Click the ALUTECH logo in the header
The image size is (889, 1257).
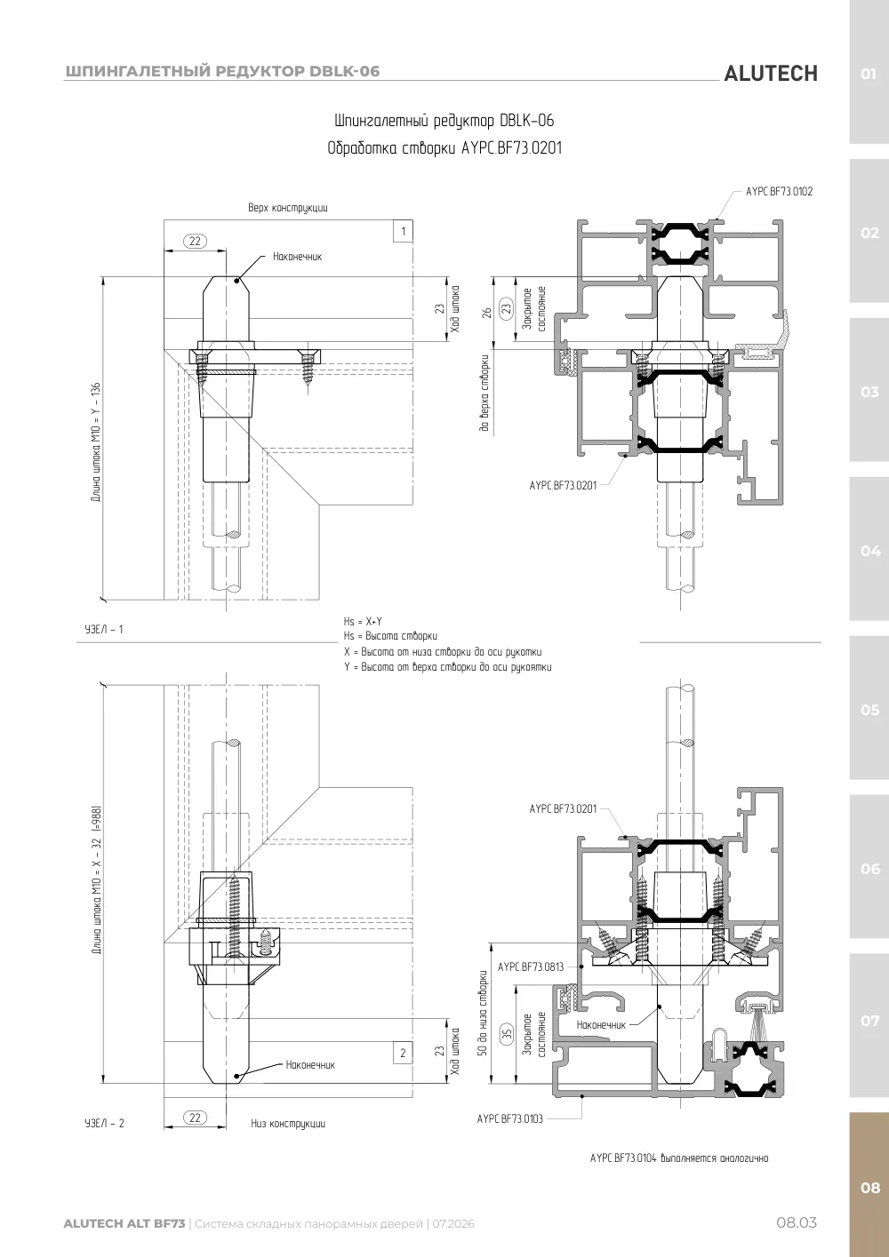[x=771, y=74]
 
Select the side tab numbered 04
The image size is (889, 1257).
[x=869, y=551]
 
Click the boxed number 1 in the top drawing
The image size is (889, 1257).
[x=403, y=231]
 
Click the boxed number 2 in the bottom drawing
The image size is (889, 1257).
[x=403, y=1053]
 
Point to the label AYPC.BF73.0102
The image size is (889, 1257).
[x=779, y=191]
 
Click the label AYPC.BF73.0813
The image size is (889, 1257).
[x=531, y=967]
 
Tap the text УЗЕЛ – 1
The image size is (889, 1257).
[x=104, y=629]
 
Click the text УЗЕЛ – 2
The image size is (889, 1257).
[x=104, y=1123]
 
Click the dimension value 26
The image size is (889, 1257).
[x=486, y=313]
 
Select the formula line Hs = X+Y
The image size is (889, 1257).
[x=363, y=621]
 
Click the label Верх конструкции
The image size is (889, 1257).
[x=288, y=208]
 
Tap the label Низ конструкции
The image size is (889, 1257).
[x=288, y=1124]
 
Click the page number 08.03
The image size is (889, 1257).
[x=797, y=1222]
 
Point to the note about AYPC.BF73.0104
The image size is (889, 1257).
[x=679, y=1158]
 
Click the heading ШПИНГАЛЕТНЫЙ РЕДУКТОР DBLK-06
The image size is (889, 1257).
[x=222, y=71]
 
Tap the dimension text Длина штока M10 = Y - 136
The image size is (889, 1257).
[x=96, y=442]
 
